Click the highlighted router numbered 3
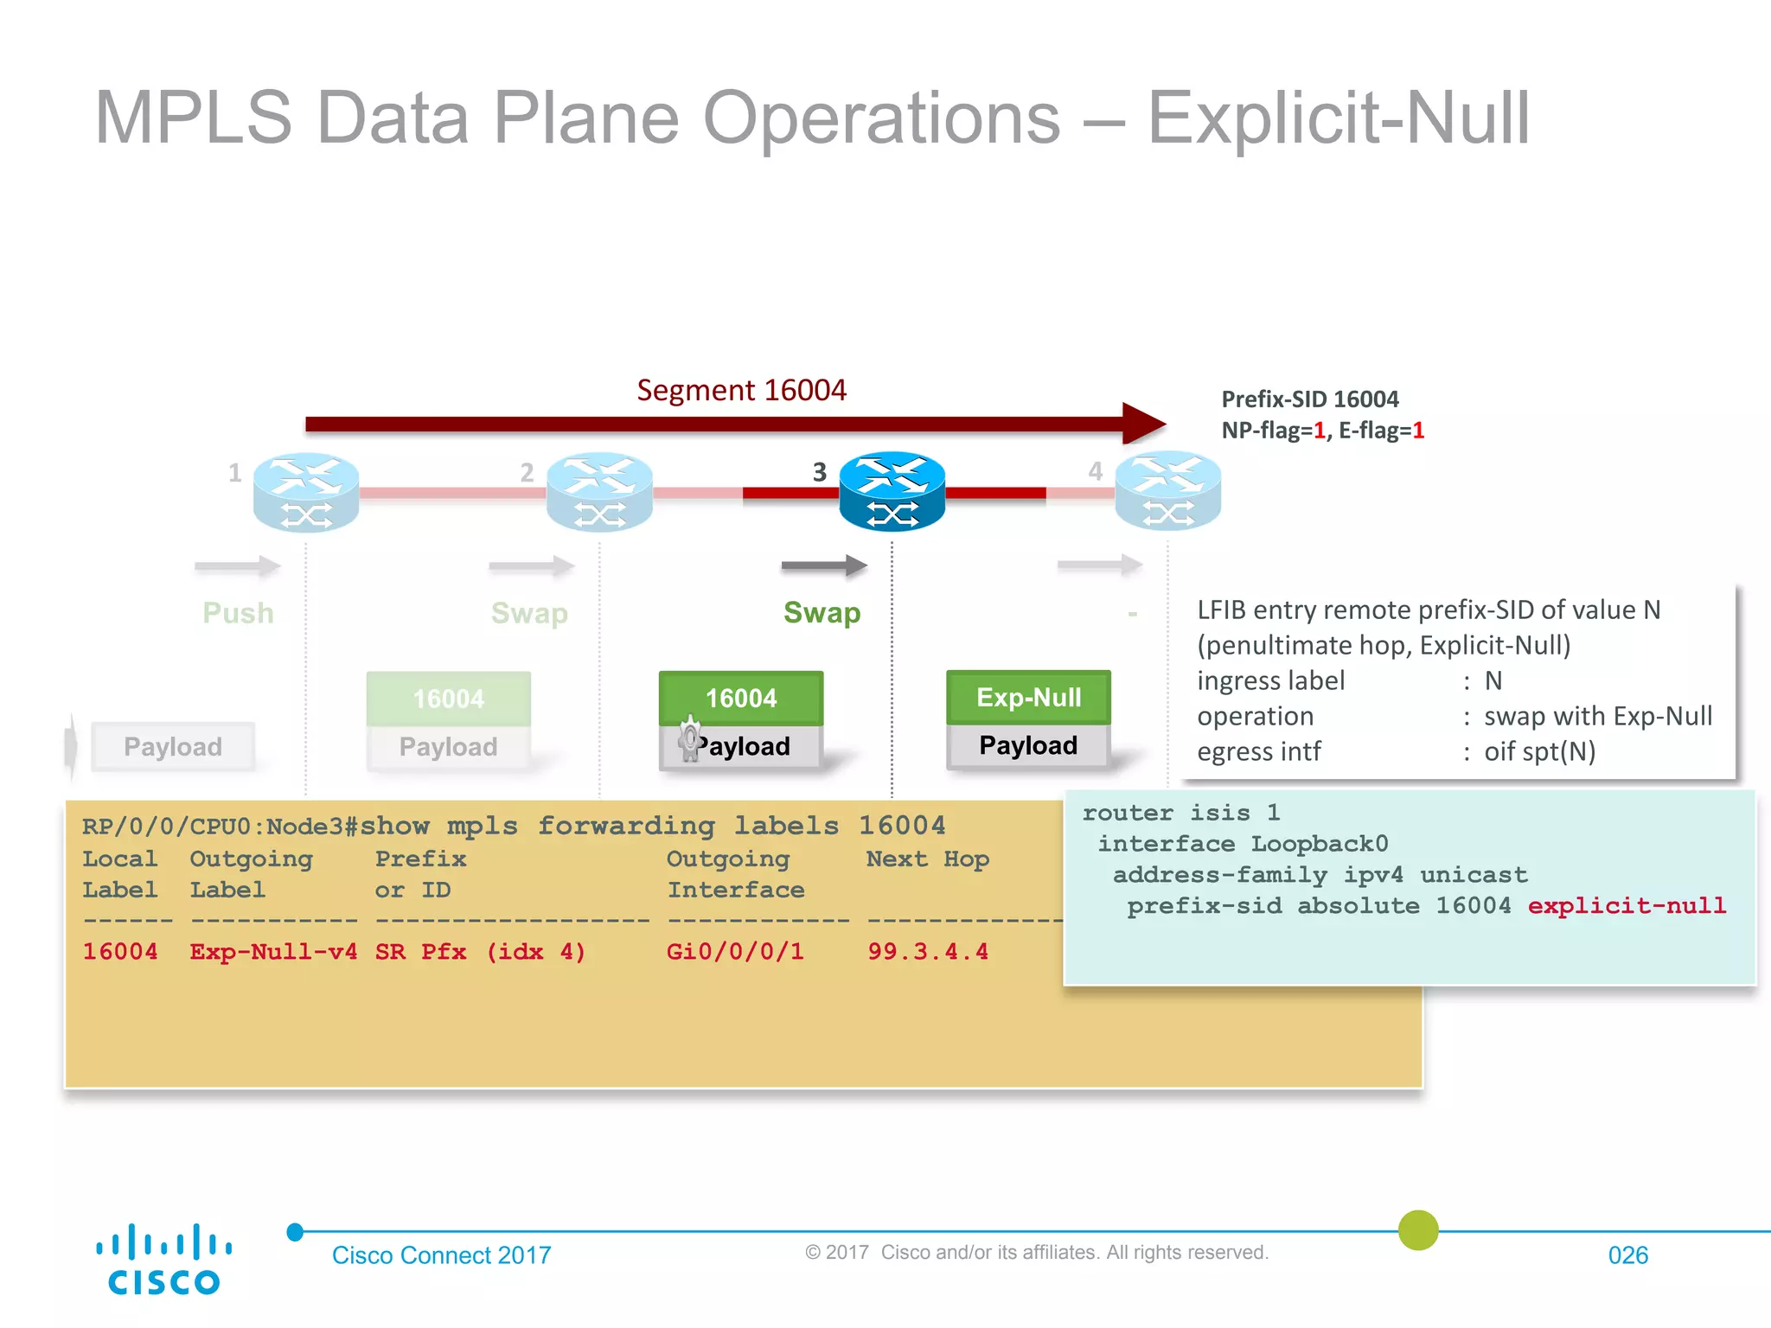[892, 491]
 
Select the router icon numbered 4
[1167, 491]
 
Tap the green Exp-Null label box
[1028, 698]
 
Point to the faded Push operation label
[238, 613]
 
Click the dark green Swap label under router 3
[822, 613]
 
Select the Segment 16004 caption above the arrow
[741, 390]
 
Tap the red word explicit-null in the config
[1626, 905]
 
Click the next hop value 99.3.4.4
[927, 952]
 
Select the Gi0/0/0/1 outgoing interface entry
[735, 952]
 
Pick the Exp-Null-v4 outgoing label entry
[273, 952]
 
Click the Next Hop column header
[927, 859]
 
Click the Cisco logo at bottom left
[163, 1259]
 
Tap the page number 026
[1627, 1255]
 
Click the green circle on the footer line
[1418, 1230]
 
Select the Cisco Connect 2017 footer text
[441, 1255]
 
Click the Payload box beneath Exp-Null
[1028, 746]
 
